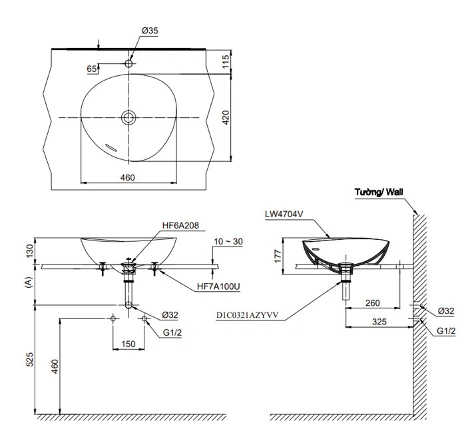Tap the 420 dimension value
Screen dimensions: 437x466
tap(226, 118)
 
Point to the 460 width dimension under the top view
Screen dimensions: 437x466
tap(128, 177)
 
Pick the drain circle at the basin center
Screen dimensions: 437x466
tap(128, 118)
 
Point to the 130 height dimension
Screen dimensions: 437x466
tap(28, 251)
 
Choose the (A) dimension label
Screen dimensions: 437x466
tap(28, 282)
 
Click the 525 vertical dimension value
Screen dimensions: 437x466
tap(28, 360)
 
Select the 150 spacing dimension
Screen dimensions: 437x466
tap(128, 344)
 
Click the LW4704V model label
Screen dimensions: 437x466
tap(283, 215)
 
